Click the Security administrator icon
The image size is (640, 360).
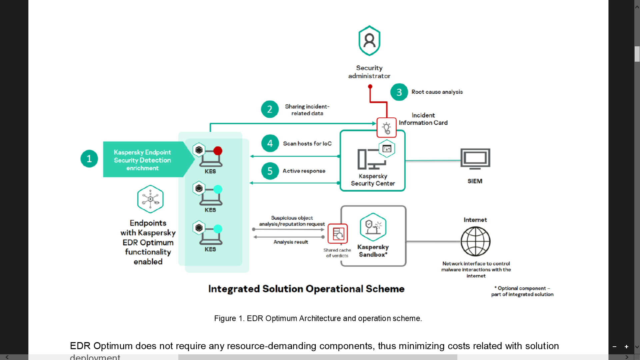pos(369,41)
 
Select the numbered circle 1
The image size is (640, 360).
pos(89,159)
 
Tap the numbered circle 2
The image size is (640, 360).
pos(270,109)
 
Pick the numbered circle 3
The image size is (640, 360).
pos(399,92)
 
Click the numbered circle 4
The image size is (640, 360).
pos(270,143)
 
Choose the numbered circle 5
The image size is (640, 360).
pos(270,171)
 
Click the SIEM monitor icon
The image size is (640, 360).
pos(475,159)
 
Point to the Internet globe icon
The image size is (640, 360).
pos(475,241)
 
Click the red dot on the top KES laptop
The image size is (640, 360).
pos(218,151)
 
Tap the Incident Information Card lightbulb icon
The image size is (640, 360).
pos(386,128)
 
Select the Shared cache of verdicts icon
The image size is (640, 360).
pos(338,234)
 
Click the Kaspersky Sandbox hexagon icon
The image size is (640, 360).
pos(373,227)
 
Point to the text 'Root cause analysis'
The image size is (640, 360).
pos(437,92)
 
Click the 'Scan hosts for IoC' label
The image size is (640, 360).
pos(307,144)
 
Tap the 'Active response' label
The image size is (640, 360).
pos(304,171)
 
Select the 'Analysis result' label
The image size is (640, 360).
pos(291,242)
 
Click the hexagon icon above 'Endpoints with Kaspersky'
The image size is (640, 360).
pos(150,199)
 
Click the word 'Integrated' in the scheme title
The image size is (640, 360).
pos(234,289)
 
